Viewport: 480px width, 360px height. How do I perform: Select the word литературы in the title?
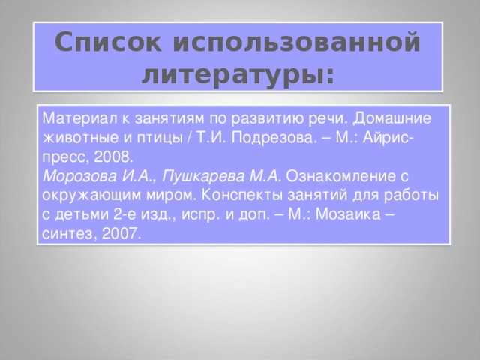tap(232, 74)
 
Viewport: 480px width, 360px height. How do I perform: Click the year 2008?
tap(114, 157)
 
